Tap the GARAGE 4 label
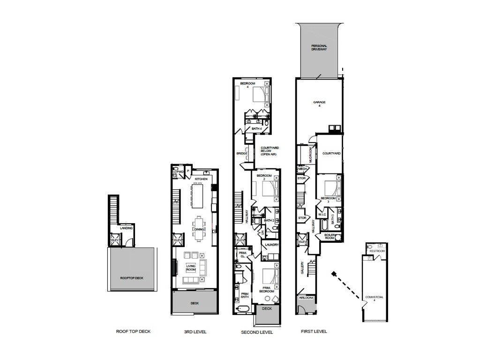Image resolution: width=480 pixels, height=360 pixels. pos(319,104)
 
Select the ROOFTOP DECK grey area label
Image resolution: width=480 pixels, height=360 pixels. pos(132,278)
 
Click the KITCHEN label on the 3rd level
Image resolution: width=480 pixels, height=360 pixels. pos(201,179)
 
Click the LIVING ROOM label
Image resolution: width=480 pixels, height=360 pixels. pos(191,268)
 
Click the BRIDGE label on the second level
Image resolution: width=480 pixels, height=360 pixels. pos(242,153)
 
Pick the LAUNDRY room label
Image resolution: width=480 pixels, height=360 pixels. pos(272,245)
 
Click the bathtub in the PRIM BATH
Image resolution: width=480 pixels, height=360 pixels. pos(243,309)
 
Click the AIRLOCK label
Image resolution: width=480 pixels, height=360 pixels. pos(306,298)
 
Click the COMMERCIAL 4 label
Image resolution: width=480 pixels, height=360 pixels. pos(375,299)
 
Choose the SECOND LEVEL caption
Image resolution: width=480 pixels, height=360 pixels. pos(257,332)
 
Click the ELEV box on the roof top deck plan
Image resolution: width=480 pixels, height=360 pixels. pos(114,240)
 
